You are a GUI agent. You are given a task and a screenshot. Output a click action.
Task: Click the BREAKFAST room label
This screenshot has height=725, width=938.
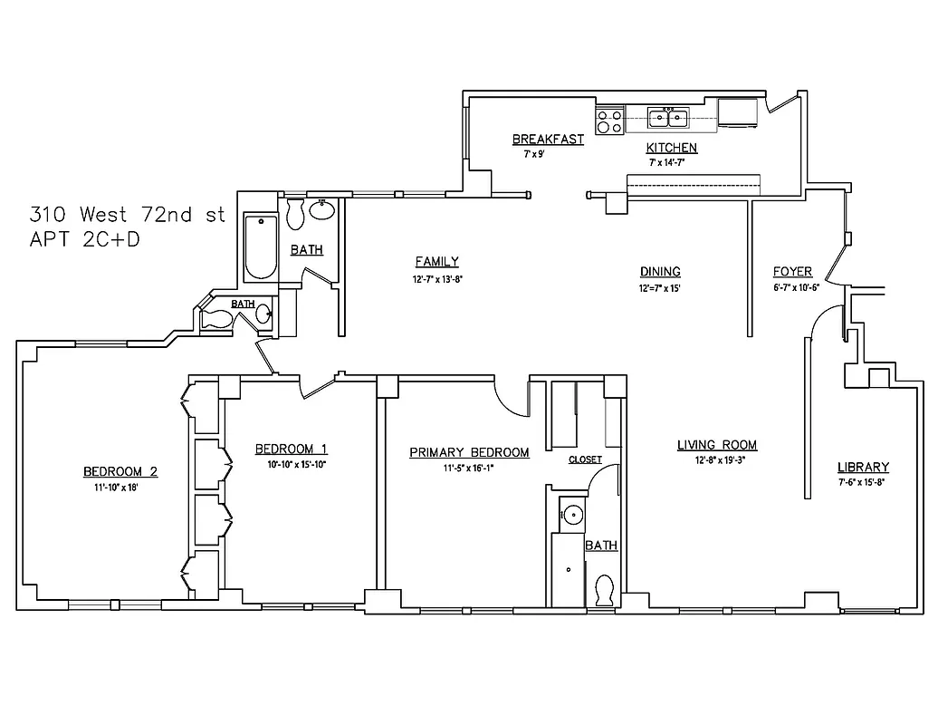click(547, 140)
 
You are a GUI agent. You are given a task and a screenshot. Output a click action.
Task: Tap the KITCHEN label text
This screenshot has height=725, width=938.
click(671, 148)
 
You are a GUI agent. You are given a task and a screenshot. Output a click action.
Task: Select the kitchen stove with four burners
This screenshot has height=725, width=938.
click(609, 121)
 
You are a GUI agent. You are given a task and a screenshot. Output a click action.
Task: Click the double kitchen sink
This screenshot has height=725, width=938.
click(670, 116)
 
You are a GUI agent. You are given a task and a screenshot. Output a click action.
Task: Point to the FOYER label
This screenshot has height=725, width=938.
click(792, 272)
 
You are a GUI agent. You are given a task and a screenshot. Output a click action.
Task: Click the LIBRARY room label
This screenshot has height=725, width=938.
click(863, 468)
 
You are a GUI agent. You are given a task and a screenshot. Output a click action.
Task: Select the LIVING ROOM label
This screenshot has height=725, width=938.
click(717, 445)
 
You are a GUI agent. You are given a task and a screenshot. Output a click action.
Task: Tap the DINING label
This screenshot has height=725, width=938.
click(660, 272)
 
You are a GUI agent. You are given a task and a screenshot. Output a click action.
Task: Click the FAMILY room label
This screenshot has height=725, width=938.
click(436, 262)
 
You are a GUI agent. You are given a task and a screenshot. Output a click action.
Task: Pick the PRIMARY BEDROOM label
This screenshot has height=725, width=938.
click(469, 452)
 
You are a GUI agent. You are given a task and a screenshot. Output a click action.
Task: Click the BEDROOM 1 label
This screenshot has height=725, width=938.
click(291, 449)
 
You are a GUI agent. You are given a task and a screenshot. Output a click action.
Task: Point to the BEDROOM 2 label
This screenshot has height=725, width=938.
click(120, 471)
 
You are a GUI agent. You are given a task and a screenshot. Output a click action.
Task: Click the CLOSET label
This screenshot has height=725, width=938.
click(585, 459)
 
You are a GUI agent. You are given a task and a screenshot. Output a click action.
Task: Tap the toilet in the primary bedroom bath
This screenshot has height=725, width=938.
click(604, 590)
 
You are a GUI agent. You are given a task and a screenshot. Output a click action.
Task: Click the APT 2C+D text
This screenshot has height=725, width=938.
click(85, 240)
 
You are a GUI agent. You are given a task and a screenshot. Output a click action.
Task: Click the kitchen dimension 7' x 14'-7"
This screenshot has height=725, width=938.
click(672, 162)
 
